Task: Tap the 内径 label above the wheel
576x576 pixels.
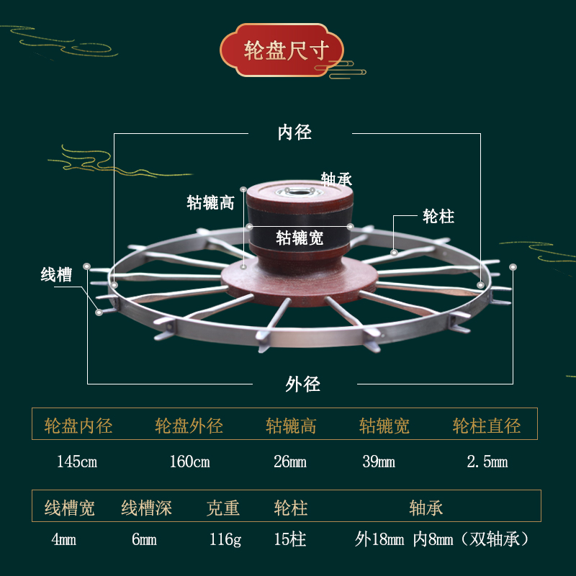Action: [x=294, y=132]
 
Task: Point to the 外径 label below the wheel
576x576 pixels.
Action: [x=302, y=384]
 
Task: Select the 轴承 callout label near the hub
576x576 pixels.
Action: [x=336, y=179]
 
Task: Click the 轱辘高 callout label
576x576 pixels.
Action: [x=211, y=202]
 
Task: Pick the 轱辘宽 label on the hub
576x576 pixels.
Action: [x=300, y=237]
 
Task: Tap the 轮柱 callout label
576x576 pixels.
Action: [x=438, y=216]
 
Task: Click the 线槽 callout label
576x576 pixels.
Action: [x=56, y=274]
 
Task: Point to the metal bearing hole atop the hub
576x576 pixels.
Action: [x=296, y=192]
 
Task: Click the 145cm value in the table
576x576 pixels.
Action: [x=76, y=462]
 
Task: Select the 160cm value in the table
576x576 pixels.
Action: [x=189, y=462]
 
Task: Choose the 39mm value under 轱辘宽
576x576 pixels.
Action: [x=378, y=462]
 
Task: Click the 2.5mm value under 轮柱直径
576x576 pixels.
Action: [x=487, y=462]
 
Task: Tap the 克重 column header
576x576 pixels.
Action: [x=222, y=508]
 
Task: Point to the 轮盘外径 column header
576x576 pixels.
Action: [x=189, y=426]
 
